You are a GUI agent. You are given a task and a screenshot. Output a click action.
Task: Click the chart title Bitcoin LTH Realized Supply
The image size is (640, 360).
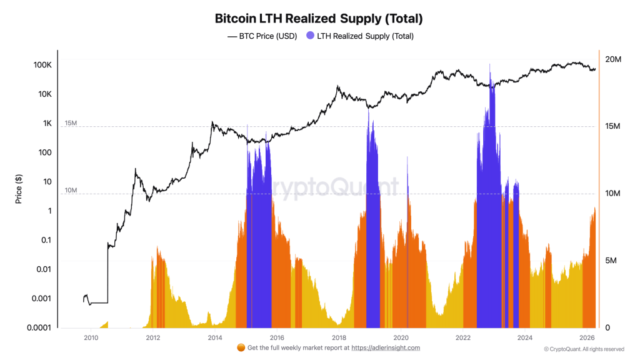319,18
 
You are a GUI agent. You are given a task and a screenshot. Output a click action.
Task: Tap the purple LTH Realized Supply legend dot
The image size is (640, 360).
310,36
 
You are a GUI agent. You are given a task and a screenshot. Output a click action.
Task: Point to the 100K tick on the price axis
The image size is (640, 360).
42,65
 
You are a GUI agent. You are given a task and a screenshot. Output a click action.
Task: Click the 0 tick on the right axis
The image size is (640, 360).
607,327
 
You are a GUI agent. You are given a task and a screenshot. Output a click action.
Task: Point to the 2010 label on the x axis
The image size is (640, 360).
91,337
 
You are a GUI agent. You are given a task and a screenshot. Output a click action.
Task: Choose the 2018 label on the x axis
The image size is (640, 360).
339,337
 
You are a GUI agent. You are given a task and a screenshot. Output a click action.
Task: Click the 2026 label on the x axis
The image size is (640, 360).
587,337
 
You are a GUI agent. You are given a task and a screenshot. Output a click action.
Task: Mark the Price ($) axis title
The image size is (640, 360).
18,189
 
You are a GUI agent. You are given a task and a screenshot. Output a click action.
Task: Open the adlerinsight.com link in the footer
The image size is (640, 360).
386,348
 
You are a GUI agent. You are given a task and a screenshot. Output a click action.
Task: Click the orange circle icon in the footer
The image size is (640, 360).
241,348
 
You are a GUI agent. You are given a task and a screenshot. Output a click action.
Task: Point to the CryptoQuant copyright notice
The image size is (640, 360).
583,349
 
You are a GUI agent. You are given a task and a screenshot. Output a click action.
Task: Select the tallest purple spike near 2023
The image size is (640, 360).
490,69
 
